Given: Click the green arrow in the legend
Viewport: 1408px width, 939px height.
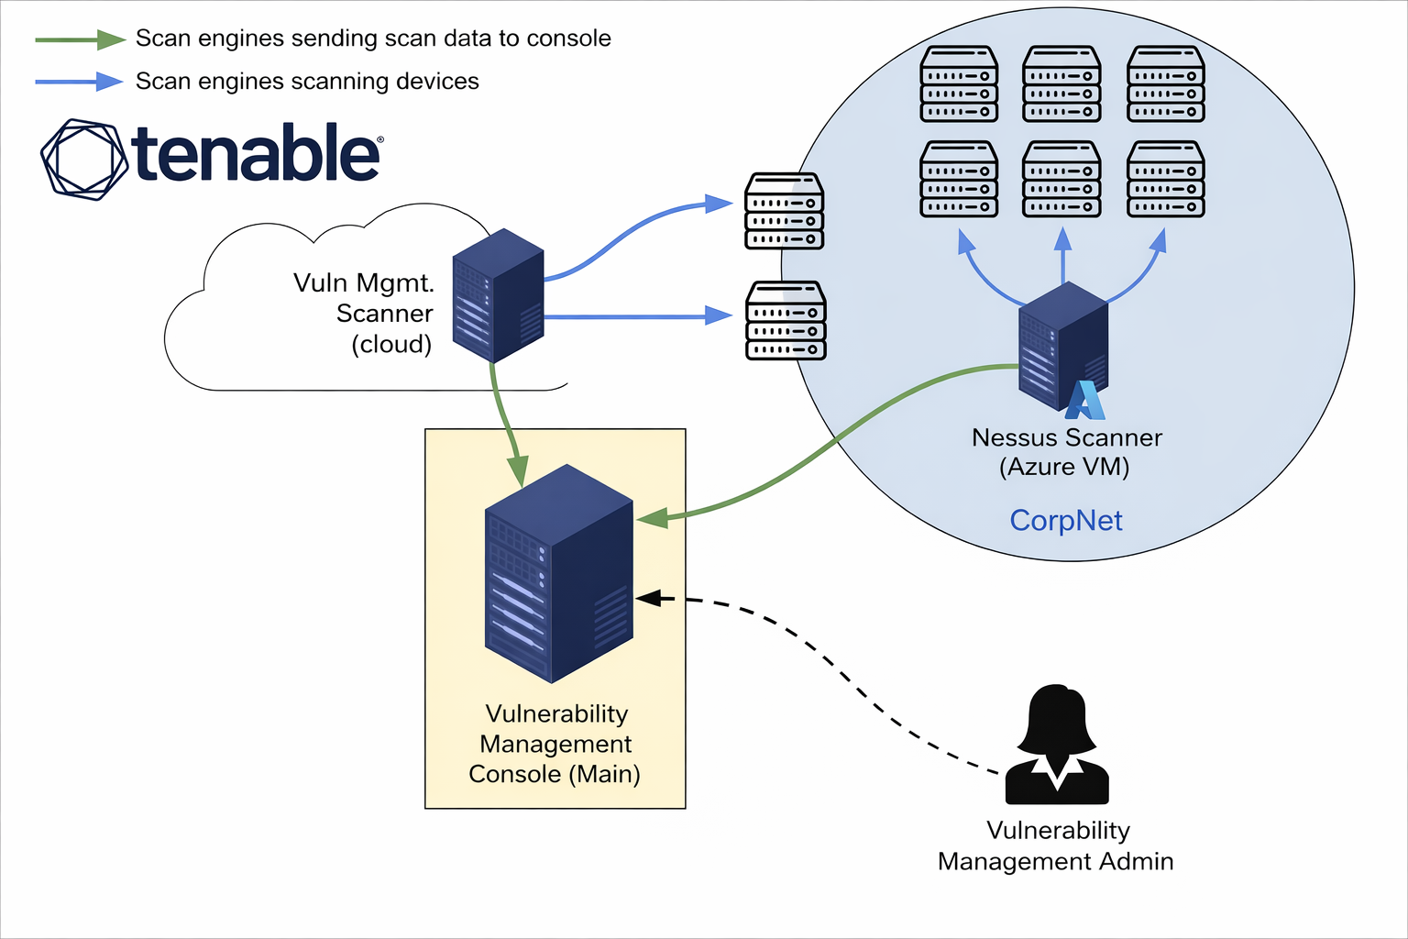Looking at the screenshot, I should coord(81,39).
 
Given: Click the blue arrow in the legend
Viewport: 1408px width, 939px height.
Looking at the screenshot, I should coord(81,82).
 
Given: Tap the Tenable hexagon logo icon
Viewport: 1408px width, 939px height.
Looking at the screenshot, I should coord(84,159).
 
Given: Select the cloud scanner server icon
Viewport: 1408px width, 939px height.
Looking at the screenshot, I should coord(498,295).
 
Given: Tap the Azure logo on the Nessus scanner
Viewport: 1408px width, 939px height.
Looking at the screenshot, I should coord(1085,401).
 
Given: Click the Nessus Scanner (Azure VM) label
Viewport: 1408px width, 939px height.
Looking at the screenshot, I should coord(1066,452).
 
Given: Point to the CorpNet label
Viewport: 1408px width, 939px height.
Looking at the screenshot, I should coord(1065,520).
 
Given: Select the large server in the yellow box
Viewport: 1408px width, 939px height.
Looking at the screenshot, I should coord(557,573).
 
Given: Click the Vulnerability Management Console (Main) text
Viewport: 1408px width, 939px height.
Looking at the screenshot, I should coord(555,744).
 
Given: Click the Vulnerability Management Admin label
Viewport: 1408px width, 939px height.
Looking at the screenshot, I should coord(1056,845).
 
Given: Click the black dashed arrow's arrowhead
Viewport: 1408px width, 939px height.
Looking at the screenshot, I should coord(648,598).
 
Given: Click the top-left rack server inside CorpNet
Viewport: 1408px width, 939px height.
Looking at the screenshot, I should coord(959,84).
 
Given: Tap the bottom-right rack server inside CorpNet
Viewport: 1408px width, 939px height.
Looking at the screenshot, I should coord(1165,179).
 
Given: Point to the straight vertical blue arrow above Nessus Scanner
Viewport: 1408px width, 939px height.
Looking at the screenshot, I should coord(1062,257).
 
